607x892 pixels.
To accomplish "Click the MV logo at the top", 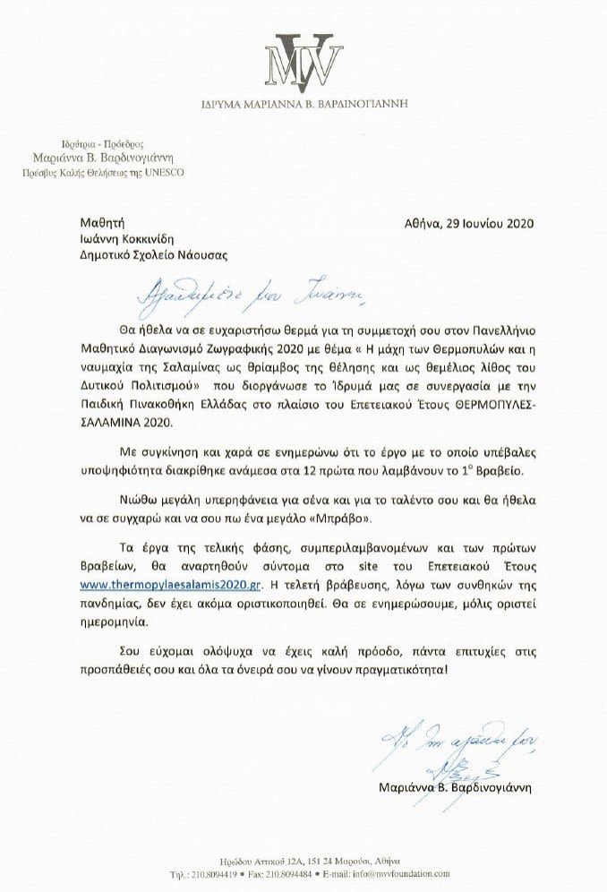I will [x=303, y=60].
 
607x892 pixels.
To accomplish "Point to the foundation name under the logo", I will [x=303, y=103].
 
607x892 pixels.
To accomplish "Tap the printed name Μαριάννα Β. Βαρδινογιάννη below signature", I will [x=456, y=788].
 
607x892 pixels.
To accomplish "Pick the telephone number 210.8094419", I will [x=210, y=872].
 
